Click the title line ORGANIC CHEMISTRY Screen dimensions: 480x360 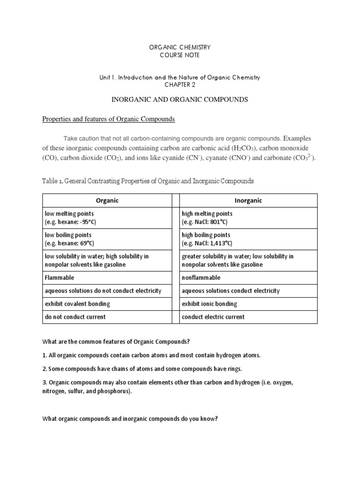click(180, 47)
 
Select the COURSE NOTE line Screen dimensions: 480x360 click(180, 56)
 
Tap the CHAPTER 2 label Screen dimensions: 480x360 click(180, 85)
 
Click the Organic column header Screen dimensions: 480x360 click(107, 201)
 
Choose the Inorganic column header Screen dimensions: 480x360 click(248, 201)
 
